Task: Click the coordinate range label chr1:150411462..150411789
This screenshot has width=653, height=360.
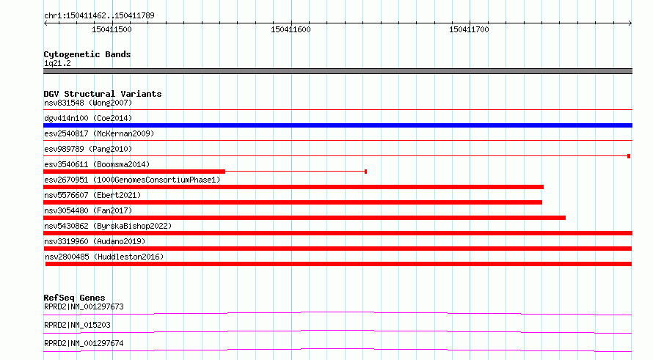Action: pos(99,15)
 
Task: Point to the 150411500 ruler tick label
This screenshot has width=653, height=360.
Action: pos(112,29)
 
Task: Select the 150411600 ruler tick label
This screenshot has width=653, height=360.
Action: pos(291,29)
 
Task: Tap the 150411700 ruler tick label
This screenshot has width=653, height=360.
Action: pos(469,29)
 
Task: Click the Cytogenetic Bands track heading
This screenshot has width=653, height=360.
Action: pos(87,54)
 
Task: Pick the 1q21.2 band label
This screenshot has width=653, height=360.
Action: pos(57,63)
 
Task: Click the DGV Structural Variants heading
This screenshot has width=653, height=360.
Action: pos(103,94)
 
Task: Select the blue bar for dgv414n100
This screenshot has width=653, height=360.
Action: pos(338,125)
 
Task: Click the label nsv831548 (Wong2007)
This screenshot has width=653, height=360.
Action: pos(88,103)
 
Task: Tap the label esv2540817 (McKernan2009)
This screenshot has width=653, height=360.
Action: pos(99,133)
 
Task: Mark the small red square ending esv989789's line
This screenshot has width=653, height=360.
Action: pos(629,156)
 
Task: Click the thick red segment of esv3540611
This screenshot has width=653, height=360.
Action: pos(134,172)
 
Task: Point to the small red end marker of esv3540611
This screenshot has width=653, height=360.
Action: pos(365,172)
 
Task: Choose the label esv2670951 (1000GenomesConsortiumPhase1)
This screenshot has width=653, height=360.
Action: pos(132,180)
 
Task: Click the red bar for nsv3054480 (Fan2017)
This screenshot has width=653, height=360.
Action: pos(304,218)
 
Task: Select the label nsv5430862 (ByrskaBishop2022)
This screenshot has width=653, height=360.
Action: pos(108,226)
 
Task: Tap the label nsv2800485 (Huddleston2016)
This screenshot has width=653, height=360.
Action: pos(104,257)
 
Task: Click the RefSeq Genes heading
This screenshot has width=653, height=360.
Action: pos(74,298)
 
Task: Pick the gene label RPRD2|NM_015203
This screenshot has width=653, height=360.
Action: pos(78,325)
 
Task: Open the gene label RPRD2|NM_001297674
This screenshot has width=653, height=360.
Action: pos(84,343)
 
